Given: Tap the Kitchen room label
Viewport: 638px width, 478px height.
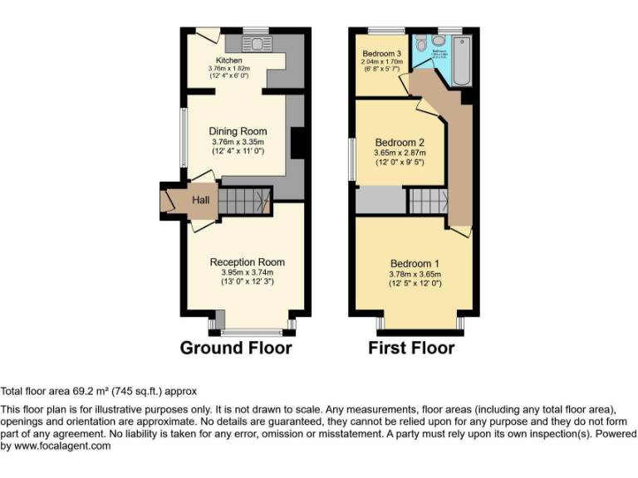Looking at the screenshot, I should point(228,61).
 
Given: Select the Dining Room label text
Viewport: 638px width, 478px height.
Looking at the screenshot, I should point(238,131).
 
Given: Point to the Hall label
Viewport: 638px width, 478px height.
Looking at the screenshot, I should point(201,200).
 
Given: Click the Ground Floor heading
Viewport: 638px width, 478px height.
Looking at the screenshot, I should point(236,348).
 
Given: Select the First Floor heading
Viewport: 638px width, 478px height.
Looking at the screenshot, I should point(411,348).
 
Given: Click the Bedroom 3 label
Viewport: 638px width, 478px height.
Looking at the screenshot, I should point(381,53).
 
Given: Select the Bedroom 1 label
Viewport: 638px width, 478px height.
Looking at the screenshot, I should point(415,264).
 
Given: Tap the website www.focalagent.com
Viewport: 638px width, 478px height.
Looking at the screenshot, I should point(56,446).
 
